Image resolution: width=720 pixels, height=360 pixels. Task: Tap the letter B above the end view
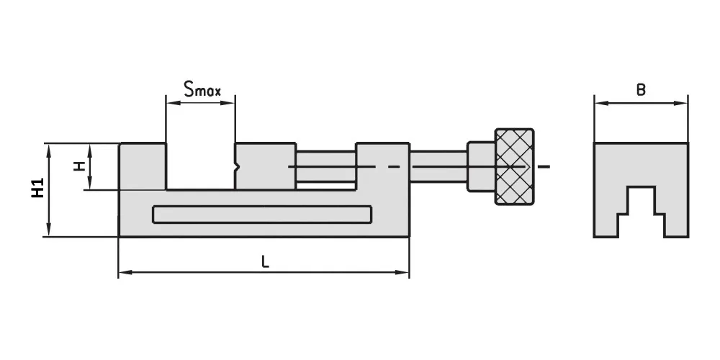pyautogui.click(x=641, y=90)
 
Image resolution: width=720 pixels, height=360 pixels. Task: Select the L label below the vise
pyautogui.click(x=265, y=262)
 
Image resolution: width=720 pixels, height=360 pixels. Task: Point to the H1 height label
pyautogui.click(x=37, y=188)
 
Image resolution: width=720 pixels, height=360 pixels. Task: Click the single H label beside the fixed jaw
pyautogui.click(x=81, y=166)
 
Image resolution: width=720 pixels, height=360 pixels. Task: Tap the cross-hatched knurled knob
pyautogui.click(x=514, y=166)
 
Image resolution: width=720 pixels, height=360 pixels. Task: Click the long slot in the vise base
pyautogui.click(x=262, y=215)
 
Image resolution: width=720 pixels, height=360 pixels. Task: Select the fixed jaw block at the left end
pyautogui.click(x=143, y=166)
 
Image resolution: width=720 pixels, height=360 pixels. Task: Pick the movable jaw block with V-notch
pyautogui.click(x=265, y=166)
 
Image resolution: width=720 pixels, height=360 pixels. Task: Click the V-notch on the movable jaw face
pyautogui.click(x=237, y=167)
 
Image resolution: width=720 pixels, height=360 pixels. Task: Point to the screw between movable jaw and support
pyautogui.click(x=326, y=166)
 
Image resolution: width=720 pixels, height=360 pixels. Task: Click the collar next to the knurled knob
pyautogui.click(x=481, y=166)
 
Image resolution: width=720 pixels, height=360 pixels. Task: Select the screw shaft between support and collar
pyautogui.click(x=438, y=166)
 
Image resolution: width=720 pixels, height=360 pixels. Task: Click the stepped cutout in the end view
pyautogui.click(x=641, y=212)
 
